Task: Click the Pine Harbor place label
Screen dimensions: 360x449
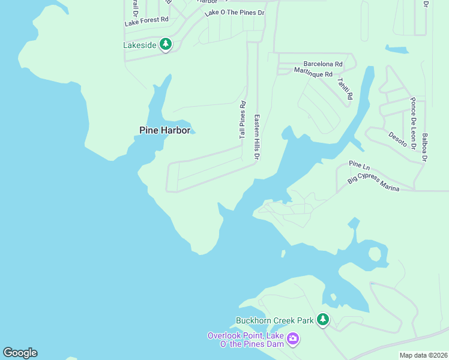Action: point(164,130)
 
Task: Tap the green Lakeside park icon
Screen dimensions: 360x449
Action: point(166,44)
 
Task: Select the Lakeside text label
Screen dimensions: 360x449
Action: point(140,45)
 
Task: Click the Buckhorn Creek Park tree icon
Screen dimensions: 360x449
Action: point(323,320)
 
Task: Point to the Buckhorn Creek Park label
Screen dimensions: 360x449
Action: point(275,320)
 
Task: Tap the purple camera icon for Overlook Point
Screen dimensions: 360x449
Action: point(293,339)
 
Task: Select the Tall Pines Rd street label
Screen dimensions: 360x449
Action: point(243,120)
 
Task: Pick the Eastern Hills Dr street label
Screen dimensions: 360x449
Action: point(257,137)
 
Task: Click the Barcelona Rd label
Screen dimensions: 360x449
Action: point(323,64)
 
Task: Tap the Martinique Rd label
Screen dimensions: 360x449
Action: point(313,73)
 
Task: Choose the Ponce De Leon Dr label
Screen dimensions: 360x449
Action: point(413,121)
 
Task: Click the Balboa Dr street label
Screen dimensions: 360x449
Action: point(425,147)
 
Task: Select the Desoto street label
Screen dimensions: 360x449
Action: point(397,140)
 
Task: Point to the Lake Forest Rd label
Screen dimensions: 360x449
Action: point(146,22)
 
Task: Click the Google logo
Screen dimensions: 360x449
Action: point(20,353)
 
